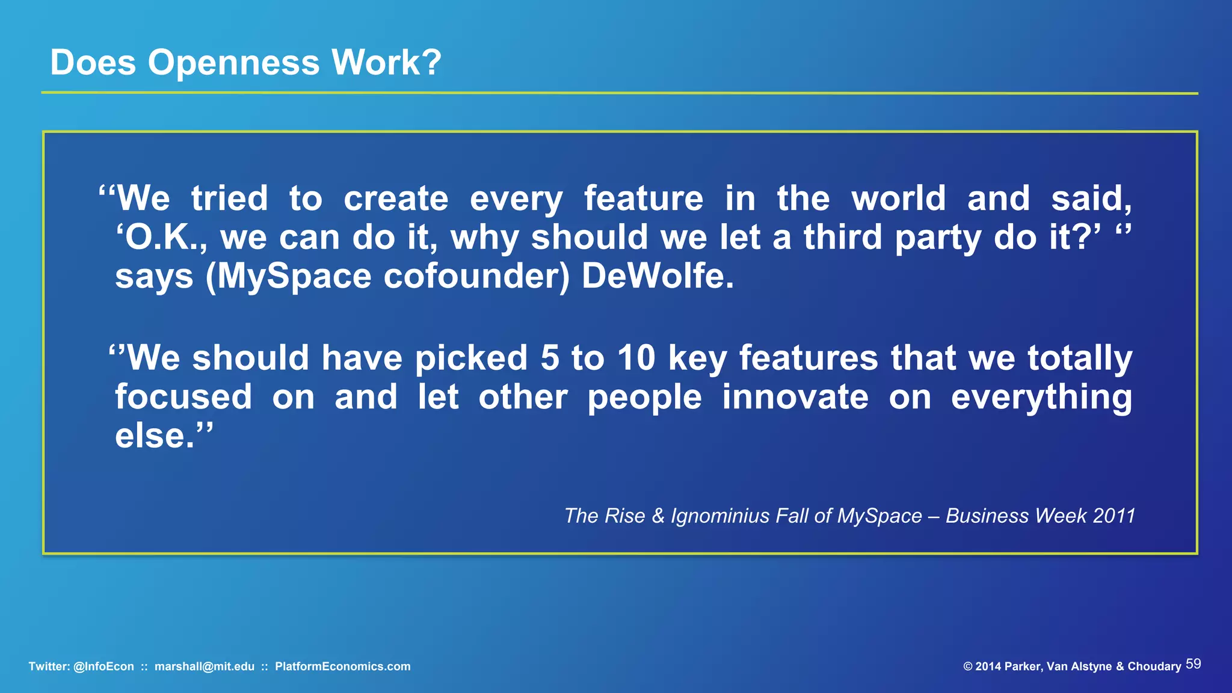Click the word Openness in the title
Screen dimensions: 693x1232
[x=233, y=63]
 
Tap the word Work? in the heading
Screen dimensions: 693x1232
[x=386, y=62]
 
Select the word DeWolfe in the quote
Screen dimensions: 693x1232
[x=657, y=277]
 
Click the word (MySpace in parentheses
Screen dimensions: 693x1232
[x=288, y=277]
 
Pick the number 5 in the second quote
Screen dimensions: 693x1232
[x=550, y=358]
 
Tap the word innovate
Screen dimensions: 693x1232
[x=795, y=397]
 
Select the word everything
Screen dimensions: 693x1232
[x=1041, y=398]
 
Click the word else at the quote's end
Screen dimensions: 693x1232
[x=154, y=436]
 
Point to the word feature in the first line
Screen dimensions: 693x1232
[x=643, y=199]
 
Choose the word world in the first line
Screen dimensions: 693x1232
[x=898, y=199]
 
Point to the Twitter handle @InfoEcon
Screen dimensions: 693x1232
[x=103, y=667]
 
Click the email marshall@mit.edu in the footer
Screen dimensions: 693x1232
[x=205, y=667]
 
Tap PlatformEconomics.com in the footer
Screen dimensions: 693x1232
[x=342, y=667]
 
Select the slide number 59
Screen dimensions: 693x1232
[x=1193, y=664]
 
